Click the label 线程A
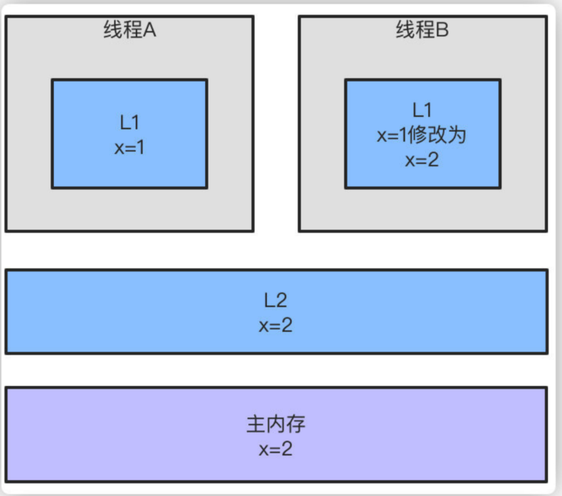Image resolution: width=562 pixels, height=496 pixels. [x=130, y=30]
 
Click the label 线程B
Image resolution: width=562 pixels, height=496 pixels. [x=422, y=30]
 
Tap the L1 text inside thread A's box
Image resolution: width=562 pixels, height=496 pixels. [x=130, y=123]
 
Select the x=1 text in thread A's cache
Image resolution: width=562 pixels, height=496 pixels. [x=130, y=147]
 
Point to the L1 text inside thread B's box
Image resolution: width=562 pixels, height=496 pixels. [x=422, y=110]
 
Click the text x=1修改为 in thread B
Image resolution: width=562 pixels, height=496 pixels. [x=422, y=135]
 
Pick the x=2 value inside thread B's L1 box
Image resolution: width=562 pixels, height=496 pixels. [x=422, y=159]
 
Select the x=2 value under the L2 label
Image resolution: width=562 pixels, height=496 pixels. [x=275, y=325]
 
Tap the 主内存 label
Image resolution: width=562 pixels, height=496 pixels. [x=275, y=424]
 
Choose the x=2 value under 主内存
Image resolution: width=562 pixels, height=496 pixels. [x=275, y=449]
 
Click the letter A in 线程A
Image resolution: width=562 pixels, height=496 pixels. [x=150, y=30]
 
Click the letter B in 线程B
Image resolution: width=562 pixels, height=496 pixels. [x=442, y=30]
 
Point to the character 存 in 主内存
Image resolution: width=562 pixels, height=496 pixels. [x=296, y=424]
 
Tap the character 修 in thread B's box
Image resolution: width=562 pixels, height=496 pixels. [x=416, y=135]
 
